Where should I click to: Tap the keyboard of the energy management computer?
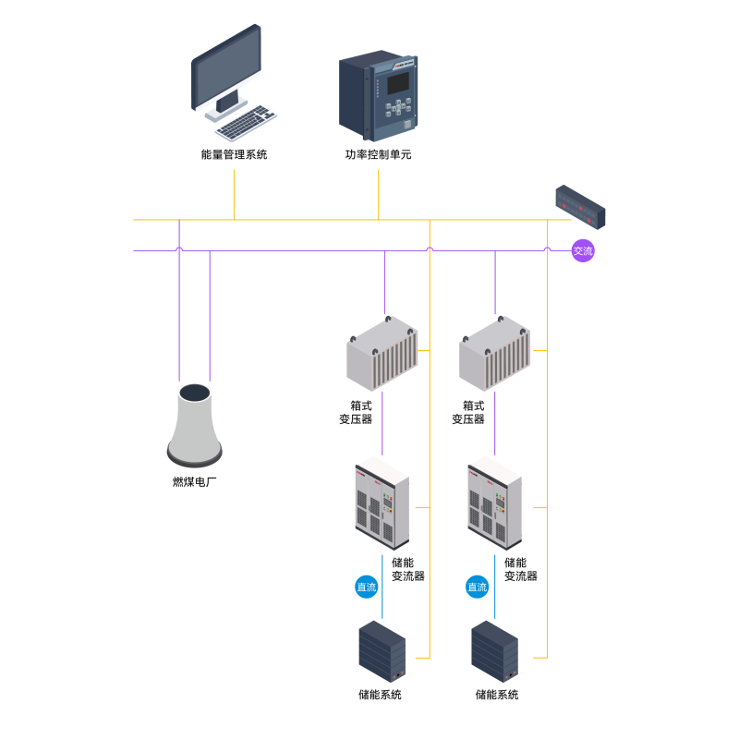tap(246, 123)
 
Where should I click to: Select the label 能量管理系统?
tap(234, 154)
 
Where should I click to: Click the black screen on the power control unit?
tap(398, 83)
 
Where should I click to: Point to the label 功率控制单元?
tap(378, 154)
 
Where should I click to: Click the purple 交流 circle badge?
tap(583, 250)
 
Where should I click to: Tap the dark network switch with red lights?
tap(580, 207)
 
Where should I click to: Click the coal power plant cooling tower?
tap(195, 425)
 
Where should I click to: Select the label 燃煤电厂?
tap(195, 481)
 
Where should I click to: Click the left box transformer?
tap(382, 354)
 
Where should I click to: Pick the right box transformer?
tap(495, 354)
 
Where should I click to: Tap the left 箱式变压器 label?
tap(356, 412)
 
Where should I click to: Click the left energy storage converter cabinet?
tap(382, 503)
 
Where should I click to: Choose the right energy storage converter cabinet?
tap(495, 503)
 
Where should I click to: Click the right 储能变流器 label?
tap(521, 569)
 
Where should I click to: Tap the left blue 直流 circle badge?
tap(366, 587)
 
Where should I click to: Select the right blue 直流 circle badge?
tap(477, 587)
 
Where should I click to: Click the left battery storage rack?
tap(382, 651)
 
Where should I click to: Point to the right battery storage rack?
tap(495, 651)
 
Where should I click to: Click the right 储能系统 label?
tap(497, 695)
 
